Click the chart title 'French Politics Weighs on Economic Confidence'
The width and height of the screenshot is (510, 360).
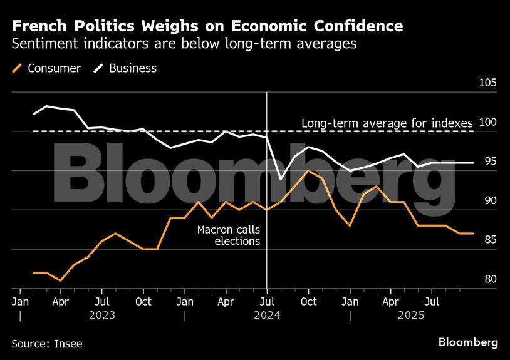[207, 26]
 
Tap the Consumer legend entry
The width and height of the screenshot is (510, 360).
[47, 68]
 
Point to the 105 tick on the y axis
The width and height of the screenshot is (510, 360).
[487, 83]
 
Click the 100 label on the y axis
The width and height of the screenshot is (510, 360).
[487, 123]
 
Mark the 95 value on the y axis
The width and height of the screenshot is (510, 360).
[489, 162]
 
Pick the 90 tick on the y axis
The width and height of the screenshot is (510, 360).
[489, 201]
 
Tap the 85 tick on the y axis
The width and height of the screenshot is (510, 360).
[489, 240]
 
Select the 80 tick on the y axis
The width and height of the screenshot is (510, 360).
[489, 279]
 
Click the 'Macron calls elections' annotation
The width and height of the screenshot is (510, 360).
[228, 235]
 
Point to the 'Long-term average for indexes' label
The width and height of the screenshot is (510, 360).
[387, 123]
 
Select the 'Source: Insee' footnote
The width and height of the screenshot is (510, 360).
[47, 343]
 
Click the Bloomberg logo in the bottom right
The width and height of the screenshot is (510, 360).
[468, 342]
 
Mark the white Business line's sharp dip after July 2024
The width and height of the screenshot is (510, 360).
[281, 179]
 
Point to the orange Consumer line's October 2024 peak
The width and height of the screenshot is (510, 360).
[308, 170]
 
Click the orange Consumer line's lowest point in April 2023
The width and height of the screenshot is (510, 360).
[61, 280]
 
